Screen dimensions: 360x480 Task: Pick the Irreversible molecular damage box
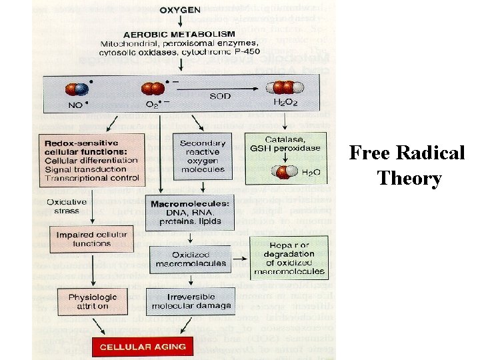click(192, 301)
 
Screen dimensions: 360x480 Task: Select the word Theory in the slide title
click(409, 179)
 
